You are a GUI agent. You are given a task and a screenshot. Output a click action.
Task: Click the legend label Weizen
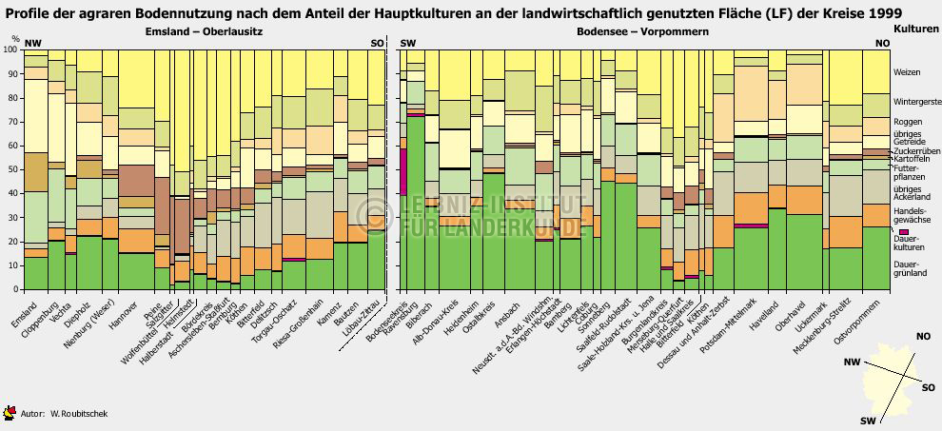tap(907, 73)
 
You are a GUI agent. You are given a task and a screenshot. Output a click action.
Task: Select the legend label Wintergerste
tap(917, 101)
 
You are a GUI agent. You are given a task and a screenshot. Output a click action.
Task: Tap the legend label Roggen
tap(909, 122)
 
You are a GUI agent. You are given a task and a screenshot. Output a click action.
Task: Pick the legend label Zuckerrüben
tap(917, 150)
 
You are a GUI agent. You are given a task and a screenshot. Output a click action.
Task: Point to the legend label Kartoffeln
tap(914, 159)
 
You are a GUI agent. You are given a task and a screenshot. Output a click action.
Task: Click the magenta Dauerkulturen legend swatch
tap(903, 232)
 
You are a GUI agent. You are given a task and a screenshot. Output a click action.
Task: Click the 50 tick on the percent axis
tap(12, 168)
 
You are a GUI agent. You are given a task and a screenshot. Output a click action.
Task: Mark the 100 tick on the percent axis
tap(10, 49)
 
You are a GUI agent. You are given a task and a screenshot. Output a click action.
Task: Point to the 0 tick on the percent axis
tap(15, 289)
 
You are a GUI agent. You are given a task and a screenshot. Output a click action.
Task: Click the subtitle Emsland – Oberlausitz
tap(204, 31)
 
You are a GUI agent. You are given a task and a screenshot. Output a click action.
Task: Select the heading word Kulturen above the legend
tap(915, 29)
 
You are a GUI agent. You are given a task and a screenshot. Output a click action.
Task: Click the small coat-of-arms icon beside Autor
tap(10, 412)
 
